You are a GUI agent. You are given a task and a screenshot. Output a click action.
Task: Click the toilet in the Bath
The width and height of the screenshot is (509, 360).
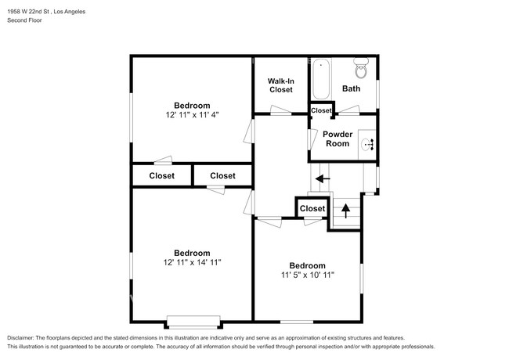pyautogui.click(x=361, y=68)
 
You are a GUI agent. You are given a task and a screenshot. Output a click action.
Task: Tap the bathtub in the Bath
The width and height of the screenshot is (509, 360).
pyautogui.click(x=321, y=79)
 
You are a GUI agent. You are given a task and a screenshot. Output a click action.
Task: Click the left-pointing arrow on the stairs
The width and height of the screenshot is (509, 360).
pyautogui.click(x=323, y=178)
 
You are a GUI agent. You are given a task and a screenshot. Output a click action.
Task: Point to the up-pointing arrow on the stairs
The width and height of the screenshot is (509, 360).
pyautogui.click(x=345, y=211)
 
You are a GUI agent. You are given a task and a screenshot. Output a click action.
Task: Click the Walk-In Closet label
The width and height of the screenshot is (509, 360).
pyautogui.click(x=281, y=85)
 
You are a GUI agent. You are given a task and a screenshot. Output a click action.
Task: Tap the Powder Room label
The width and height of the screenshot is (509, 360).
pyautogui.click(x=338, y=139)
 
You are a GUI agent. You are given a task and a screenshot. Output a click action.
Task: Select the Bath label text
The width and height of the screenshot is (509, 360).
pyautogui.click(x=352, y=88)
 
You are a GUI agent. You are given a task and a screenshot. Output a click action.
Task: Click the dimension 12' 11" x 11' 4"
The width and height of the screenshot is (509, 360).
pyautogui.click(x=192, y=115)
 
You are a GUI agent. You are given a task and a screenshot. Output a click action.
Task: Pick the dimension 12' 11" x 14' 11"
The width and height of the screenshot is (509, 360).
pyautogui.click(x=192, y=262)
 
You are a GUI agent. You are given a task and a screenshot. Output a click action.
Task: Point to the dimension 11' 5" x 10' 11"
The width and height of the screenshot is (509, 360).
pyautogui.click(x=308, y=275)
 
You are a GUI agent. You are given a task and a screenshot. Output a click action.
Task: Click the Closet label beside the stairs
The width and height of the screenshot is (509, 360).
pyautogui.click(x=312, y=208)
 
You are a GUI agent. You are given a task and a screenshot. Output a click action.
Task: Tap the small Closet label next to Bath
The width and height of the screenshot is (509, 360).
pyautogui.click(x=321, y=110)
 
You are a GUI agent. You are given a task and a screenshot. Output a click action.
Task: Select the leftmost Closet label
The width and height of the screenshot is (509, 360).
pyautogui.click(x=161, y=176)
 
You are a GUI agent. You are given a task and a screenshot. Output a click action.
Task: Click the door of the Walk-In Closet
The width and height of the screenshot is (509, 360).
pyautogui.click(x=281, y=110)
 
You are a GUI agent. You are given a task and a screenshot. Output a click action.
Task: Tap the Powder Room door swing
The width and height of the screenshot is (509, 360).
pyautogui.click(x=312, y=139)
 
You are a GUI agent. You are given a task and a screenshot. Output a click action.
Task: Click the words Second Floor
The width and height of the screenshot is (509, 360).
pyautogui.click(x=24, y=20)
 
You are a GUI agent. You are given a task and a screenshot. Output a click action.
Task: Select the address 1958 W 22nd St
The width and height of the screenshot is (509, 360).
pyautogui.click(x=28, y=12)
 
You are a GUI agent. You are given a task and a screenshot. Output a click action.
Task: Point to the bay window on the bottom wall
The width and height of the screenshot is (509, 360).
pyautogui.click(x=193, y=322)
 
